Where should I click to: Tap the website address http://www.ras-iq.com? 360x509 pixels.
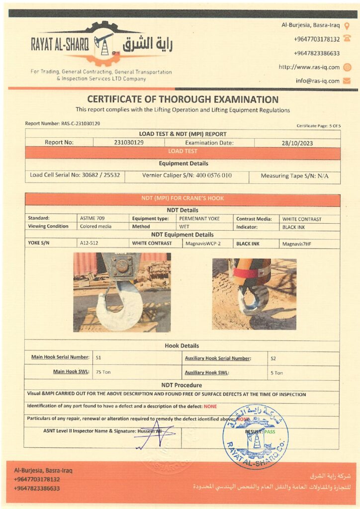309,67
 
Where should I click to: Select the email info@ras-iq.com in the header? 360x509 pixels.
318,81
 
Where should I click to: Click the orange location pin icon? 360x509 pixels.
347,25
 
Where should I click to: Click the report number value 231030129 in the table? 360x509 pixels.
129,142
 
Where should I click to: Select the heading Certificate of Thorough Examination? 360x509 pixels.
182,99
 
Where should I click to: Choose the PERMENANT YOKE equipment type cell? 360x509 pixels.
200,218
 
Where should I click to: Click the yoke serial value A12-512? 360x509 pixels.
89,244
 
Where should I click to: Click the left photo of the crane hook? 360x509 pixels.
122,292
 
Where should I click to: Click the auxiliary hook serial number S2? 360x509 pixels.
273,358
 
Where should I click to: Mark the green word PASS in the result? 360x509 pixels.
270,432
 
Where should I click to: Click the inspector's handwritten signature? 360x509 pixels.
154,435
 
